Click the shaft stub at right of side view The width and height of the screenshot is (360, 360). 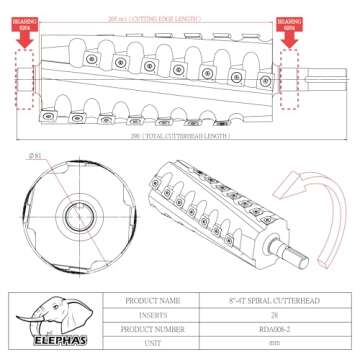[325, 76]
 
